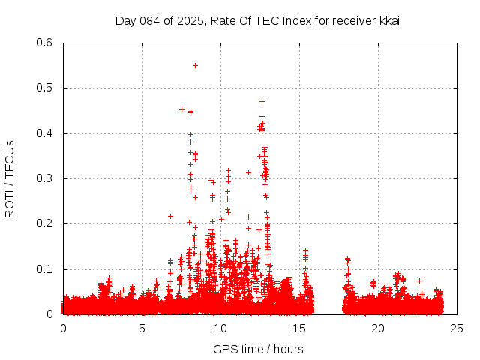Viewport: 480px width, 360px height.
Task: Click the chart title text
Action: (x=256, y=20)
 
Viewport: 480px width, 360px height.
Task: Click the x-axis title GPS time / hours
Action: (x=258, y=349)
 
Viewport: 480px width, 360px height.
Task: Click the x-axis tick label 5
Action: (x=142, y=328)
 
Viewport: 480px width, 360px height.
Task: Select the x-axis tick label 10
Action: (x=220, y=328)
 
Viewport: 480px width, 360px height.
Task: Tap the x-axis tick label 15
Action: (x=299, y=328)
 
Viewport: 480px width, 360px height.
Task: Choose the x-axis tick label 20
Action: (x=378, y=328)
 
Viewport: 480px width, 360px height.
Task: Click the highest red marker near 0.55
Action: (x=195, y=65)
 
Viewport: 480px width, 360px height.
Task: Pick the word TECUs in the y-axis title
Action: (x=10, y=155)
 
